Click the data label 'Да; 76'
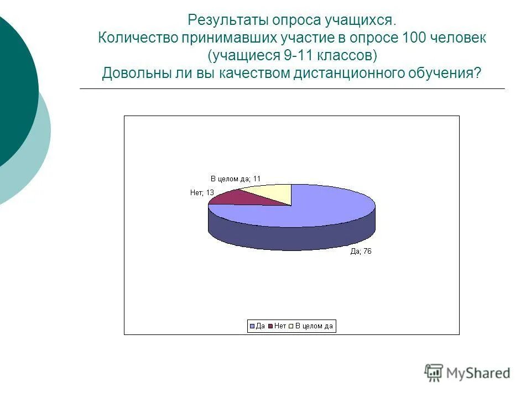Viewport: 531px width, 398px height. click(x=361, y=252)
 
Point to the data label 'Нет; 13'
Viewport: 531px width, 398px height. click(x=201, y=193)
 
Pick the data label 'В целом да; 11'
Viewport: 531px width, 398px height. click(x=235, y=179)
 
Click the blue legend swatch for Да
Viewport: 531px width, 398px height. click(x=252, y=326)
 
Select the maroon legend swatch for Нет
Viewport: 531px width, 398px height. click(x=270, y=326)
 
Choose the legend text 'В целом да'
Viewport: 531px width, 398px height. click(x=314, y=326)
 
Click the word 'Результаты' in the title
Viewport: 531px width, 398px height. click(x=228, y=20)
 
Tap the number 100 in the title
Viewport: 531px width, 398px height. click(x=431, y=38)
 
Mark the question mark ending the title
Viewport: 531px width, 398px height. click(x=478, y=74)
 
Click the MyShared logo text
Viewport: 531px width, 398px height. click(x=478, y=373)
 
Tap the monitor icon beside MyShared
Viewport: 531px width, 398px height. click(x=434, y=373)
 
